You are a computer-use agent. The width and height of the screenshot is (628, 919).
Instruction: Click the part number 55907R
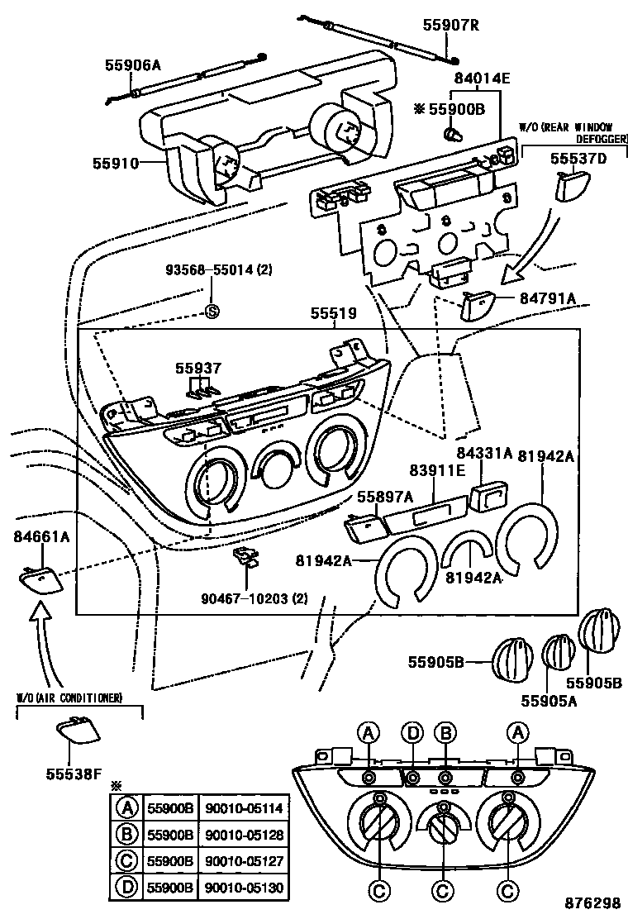tap(450, 26)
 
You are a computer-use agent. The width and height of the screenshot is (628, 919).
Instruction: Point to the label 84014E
tap(482, 79)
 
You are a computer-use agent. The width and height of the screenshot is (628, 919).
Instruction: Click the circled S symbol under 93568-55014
tap(211, 312)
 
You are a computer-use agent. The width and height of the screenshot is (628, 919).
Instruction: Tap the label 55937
tap(197, 367)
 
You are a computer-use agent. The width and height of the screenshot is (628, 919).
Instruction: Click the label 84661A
tap(41, 537)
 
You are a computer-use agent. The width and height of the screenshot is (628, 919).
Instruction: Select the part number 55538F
tap(74, 774)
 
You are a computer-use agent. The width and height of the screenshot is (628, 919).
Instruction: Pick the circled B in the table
tap(127, 835)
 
